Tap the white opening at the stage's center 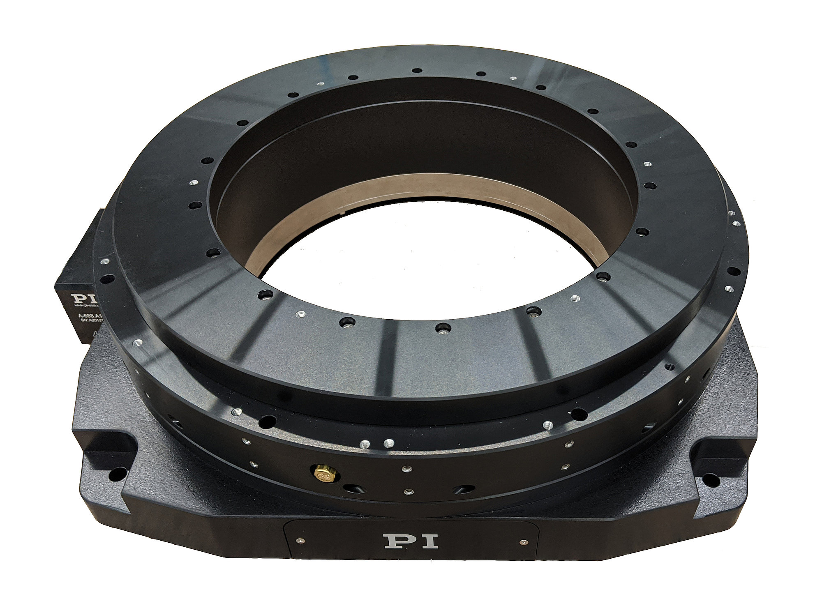pyautogui.click(x=427, y=263)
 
